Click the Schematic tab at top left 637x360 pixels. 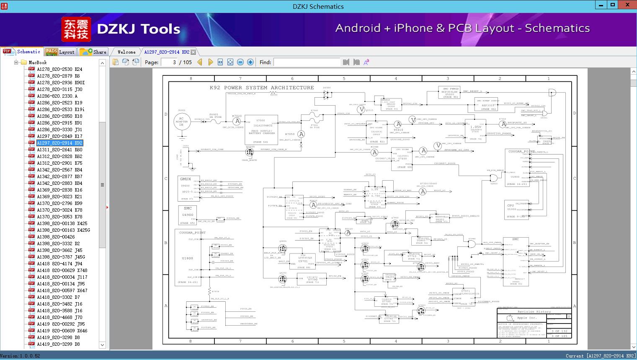23,52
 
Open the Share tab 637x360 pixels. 94,52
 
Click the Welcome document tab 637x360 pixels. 126,52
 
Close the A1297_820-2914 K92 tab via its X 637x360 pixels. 193,52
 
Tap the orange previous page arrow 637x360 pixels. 200,62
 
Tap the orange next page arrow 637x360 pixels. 211,62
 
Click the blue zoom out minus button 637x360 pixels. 240,62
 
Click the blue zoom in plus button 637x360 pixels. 250,62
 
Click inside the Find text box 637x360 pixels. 306,62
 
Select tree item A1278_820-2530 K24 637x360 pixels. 59,69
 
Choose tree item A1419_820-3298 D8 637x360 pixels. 58,337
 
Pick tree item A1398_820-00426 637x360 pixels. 56,237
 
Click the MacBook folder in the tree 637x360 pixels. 37,62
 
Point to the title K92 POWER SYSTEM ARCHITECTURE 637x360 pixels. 262,88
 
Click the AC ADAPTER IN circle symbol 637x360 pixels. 182,122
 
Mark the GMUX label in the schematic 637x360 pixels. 186,179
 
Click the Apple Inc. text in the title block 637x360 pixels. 526,318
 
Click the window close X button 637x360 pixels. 627,5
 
